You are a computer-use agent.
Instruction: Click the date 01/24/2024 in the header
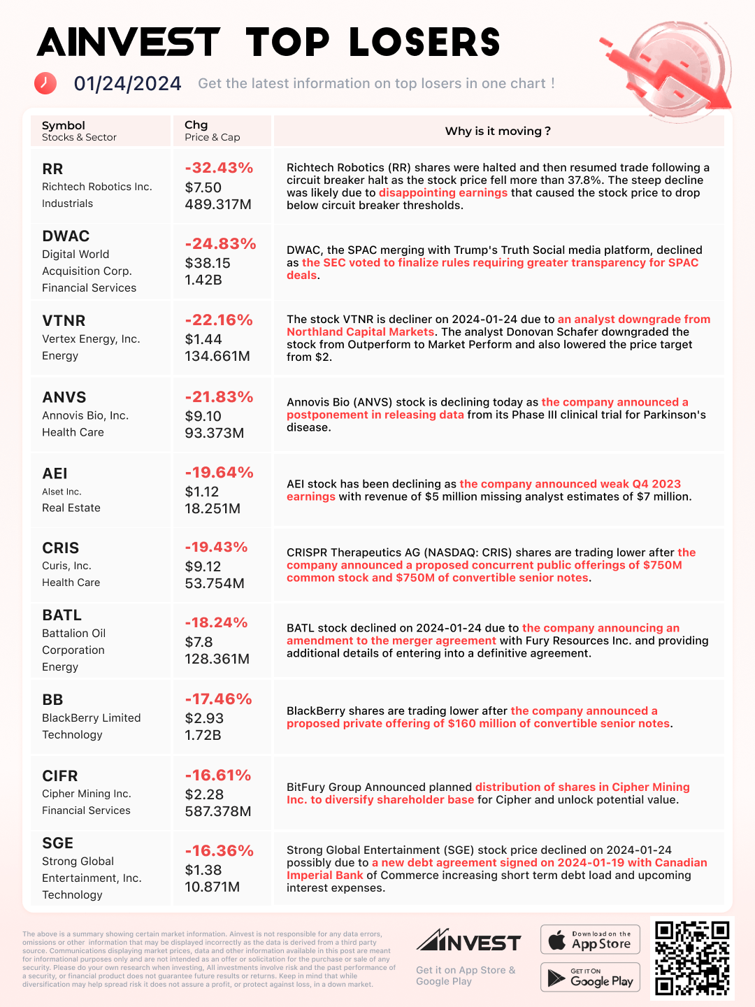[x=127, y=84]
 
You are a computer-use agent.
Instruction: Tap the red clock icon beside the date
[x=45, y=83]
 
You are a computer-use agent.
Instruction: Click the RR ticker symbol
[x=52, y=169]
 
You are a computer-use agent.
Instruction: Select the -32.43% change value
[x=219, y=168]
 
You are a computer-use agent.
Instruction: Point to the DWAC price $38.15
[x=208, y=263]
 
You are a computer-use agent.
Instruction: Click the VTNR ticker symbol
[x=64, y=321]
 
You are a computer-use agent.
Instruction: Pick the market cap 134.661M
[x=217, y=356]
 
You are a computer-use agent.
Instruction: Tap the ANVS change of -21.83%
[x=219, y=397]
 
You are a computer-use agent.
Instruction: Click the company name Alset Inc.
[x=62, y=492]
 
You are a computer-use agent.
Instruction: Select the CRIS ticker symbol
[x=61, y=548]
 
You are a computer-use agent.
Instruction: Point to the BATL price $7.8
[x=199, y=642]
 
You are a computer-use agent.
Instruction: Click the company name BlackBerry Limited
[x=91, y=718]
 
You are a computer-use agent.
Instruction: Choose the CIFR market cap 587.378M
[x=218, y=811]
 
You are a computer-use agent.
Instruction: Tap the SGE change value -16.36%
[x=219, y=851]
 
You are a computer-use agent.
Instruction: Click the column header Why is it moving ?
[x=498, y=131]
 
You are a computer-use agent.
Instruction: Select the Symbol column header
[x=64, y=125]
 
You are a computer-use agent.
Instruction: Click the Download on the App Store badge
[x=591, y=940]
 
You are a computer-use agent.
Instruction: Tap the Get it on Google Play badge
[x=591, y=978]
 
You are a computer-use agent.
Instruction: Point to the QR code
[x=692, y=957]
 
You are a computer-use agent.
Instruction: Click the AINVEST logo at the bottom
[x=468, y=941]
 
